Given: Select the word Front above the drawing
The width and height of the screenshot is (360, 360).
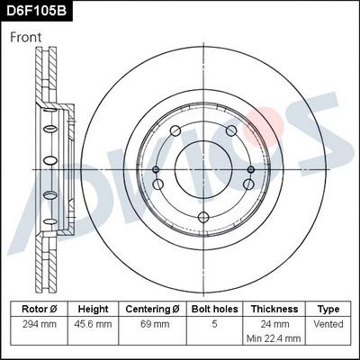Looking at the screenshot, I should [28, 37].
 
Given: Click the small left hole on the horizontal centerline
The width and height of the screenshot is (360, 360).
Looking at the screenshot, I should [156, 168].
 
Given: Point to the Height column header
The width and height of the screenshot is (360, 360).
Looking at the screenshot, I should [94, 308].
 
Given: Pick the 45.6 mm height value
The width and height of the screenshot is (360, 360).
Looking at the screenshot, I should [94, 323].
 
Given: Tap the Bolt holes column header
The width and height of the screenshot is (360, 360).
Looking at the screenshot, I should [213, 308].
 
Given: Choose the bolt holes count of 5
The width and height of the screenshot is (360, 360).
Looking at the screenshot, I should [213, 323].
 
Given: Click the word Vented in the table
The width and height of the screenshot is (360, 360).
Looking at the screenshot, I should [328, 323].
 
